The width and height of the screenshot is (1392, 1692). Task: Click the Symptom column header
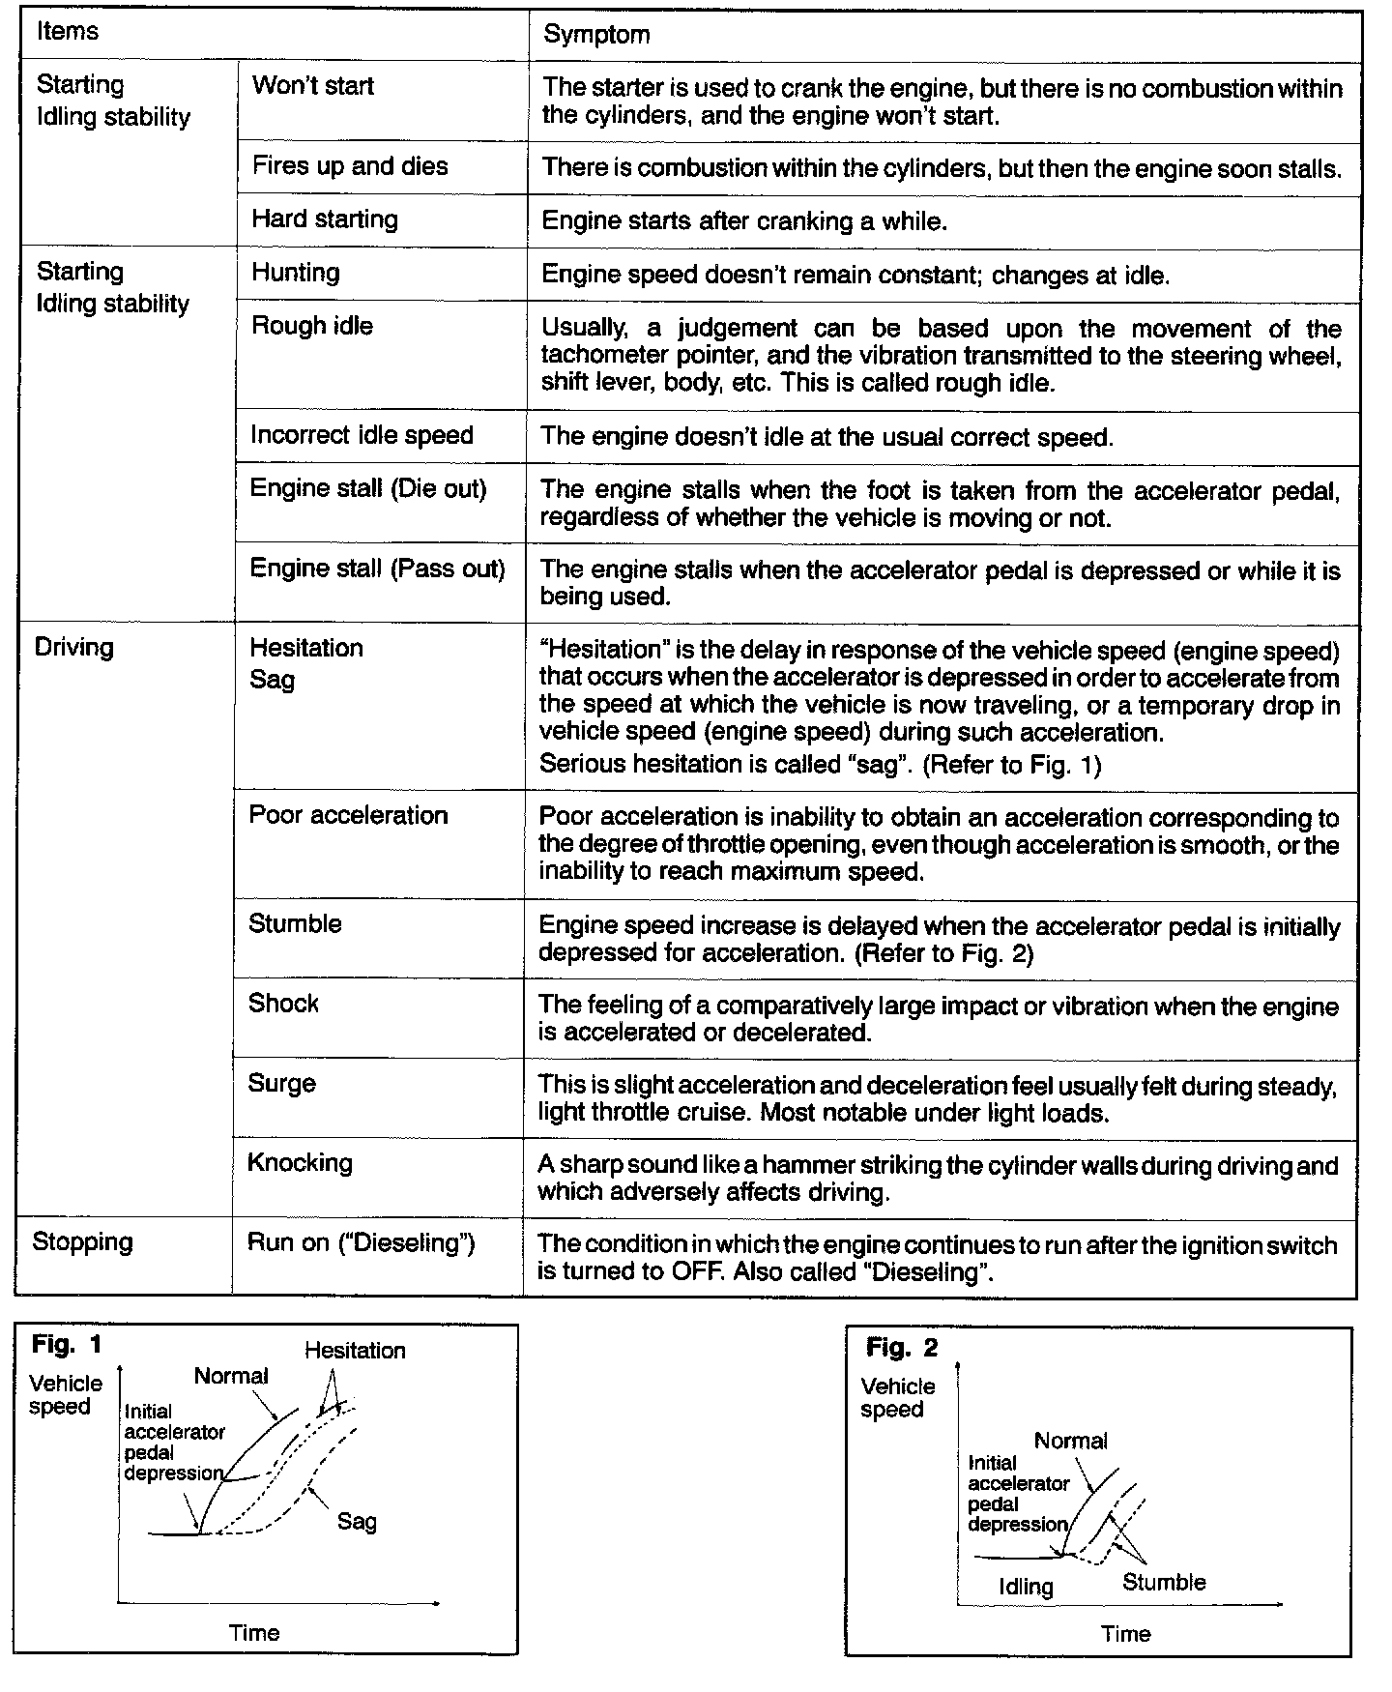596,35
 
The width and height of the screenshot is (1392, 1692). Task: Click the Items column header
68,31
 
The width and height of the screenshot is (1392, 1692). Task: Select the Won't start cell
312,86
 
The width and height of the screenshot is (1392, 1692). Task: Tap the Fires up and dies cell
350,166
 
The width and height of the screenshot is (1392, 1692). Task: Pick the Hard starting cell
325,219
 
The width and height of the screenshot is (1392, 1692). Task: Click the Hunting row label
296,273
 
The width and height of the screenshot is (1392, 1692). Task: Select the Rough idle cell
311,326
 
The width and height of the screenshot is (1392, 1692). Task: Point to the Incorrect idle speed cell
362,435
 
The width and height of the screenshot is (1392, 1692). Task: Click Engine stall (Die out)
368,488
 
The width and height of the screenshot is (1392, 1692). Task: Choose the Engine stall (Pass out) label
377,569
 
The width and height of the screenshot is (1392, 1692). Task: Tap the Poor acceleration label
348,815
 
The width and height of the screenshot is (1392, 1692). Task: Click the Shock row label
283,1004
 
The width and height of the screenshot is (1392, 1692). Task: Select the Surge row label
281,1084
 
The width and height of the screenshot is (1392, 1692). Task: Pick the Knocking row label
300,1163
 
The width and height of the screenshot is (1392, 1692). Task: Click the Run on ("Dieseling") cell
361,1243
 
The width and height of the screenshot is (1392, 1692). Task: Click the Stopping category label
82,1242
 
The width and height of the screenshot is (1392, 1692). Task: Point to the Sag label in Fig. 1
357,1522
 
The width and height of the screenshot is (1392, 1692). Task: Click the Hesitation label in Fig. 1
355,1351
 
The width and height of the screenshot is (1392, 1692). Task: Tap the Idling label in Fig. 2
1026,1587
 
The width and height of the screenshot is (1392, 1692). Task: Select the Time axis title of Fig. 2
1126,1634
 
